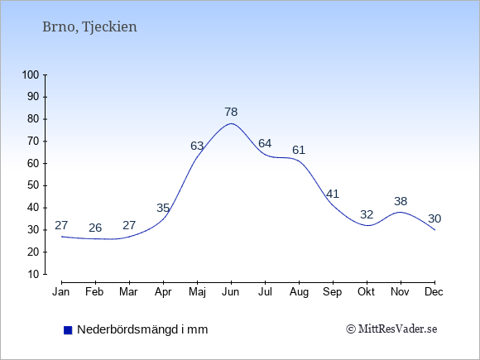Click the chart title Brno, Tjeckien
pos(89,27)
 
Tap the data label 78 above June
pos(231,112)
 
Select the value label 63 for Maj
pos(197,146)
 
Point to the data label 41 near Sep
pos(333,194)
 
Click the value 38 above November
pos(401,201)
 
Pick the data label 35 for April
pos(163,209)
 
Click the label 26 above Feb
pos(95,228)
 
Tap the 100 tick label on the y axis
pos(31,74)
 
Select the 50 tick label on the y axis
pos(33,185)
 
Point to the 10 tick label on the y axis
pos(33,274)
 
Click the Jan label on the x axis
pos(61,292)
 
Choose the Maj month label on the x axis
pos(197,292)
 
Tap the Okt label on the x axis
pos(366,292)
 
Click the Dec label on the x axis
pos(434,292)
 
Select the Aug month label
pos(299,292)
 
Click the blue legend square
pos(68,330)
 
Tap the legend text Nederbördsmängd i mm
pos(142,329)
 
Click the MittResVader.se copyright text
pos(391,329)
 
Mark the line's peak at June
pos(231,123)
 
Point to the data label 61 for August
pos(299,151)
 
